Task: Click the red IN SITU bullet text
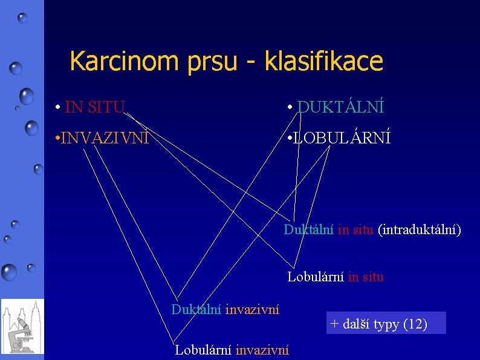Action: (94, 108)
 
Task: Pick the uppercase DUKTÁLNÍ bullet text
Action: (341, 108)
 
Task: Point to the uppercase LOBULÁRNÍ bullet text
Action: (342, 138)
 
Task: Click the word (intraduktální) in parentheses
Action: (419, 230)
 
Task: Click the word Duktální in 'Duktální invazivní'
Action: (196, 310)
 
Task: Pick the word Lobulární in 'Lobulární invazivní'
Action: (203, 349)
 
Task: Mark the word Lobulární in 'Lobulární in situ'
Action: (316, 277)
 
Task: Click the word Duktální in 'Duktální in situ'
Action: (309, 230)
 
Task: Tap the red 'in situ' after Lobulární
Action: (366, 277)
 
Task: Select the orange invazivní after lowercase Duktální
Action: (252, 310)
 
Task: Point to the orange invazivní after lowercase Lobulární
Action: (262, 349)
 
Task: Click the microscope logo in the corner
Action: (22, 326)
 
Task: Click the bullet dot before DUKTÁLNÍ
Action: (291, 108)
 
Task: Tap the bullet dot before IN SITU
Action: (56, 108)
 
